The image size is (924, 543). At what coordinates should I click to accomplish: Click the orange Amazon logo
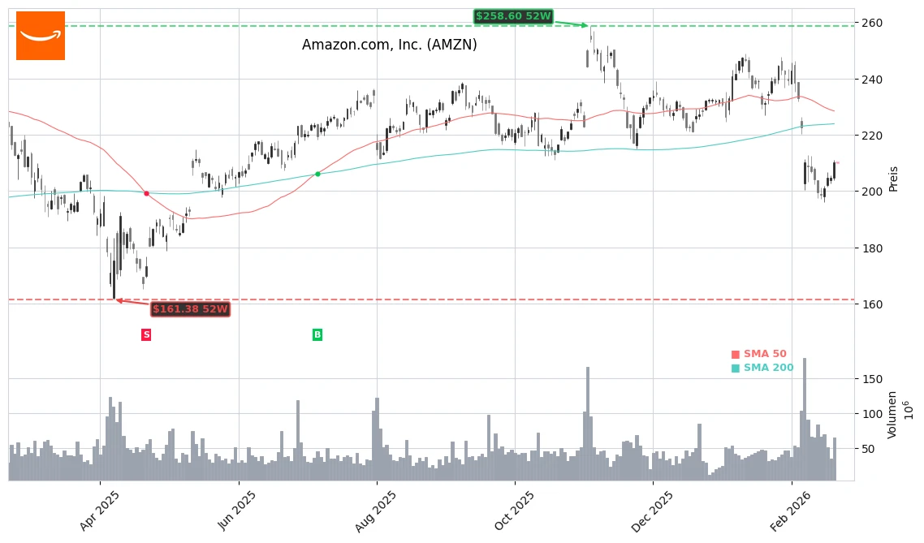click(41, 36)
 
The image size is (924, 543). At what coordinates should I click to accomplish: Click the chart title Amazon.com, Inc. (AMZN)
click(389, 45)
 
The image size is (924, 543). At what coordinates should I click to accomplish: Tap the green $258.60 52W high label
click(512, 16)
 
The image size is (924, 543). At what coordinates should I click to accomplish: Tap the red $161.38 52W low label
click(190, 309)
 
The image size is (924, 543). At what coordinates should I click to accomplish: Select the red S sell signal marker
click(146, 334)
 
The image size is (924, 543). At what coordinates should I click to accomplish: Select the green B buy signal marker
click(317, 334)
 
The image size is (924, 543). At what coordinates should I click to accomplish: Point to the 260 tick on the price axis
click(872, 23)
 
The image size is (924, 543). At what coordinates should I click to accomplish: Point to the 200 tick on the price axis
click(872, 192)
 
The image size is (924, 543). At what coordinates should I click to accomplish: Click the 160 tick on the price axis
click(872, 304)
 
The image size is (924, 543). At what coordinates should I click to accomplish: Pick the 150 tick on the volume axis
click(872, 379)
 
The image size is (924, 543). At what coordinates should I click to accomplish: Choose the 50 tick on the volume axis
click(869, 449)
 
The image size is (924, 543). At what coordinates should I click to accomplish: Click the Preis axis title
click(893, 179)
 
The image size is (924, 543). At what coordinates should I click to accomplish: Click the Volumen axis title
click(892, 415)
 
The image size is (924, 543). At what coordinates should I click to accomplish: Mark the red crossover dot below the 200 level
click(146, 193)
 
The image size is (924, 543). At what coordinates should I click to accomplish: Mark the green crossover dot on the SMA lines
click(317, 174)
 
